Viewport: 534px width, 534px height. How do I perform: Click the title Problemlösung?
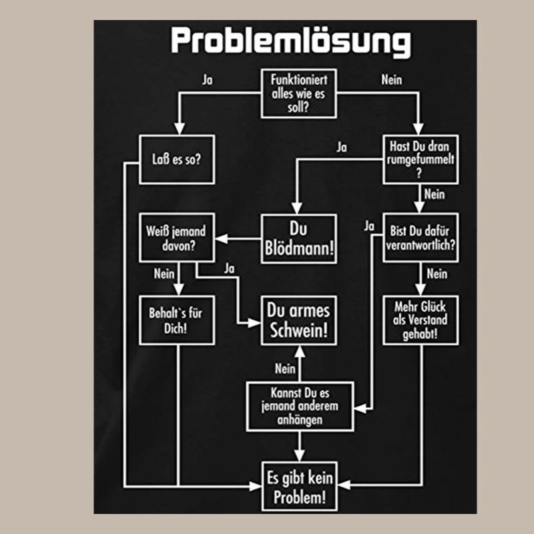click(290, 41)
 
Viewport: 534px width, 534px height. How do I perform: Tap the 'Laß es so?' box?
click(176, 160)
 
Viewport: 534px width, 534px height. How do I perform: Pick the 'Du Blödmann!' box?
click(298, 239)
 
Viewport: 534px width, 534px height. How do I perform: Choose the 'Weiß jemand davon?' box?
click(176, 238)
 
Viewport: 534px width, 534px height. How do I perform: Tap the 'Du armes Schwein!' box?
click(298, 320)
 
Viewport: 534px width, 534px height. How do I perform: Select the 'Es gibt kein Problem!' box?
click(298, 487)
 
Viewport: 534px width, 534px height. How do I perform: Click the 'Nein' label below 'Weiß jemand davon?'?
click(164, 273)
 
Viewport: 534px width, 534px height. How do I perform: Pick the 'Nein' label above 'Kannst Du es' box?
click(285, 368)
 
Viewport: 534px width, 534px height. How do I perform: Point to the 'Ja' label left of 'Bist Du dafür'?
click(369, 226)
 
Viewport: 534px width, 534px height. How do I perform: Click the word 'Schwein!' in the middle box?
click(298, 330)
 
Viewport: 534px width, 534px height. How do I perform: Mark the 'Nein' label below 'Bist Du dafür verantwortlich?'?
click(437, 273)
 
